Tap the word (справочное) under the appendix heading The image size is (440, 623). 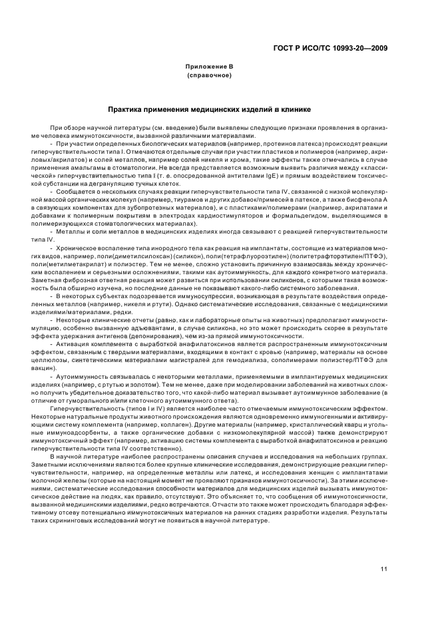click(209, 75)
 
